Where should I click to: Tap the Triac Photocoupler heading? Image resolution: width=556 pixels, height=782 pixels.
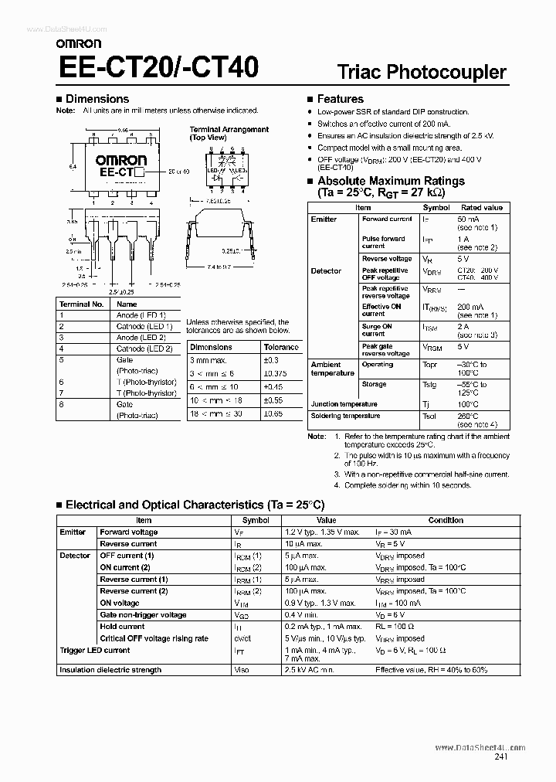[x=422, y=73]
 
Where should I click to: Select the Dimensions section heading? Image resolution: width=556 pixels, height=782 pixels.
[x=97, y=99]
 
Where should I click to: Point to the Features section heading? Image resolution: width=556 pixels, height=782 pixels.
[x=340, y=99]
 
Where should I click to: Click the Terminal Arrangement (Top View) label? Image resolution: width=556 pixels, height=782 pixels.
[x=229, y=133]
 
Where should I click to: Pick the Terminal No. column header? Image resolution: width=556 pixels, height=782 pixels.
[x=81, y=304]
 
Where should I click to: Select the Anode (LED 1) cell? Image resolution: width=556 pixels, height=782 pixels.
[x=139, y=315]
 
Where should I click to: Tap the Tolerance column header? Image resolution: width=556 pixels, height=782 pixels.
[x=281, y=348]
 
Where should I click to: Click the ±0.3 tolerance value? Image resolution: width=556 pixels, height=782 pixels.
[x=271, y=360]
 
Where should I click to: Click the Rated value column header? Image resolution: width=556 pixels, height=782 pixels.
[x=482, y=208]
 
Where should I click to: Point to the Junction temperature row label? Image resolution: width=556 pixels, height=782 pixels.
[x=344, y=404]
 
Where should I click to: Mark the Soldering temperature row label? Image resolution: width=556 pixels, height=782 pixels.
[x=345, y=416]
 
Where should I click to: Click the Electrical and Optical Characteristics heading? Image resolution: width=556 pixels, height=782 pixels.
[x=195, y=505]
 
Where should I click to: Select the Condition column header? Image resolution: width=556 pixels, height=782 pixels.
[x=446, y=521]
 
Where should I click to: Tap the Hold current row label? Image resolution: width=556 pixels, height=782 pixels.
[x=122, y=627]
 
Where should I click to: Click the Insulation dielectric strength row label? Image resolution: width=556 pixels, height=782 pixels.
[x=110, y=670]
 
